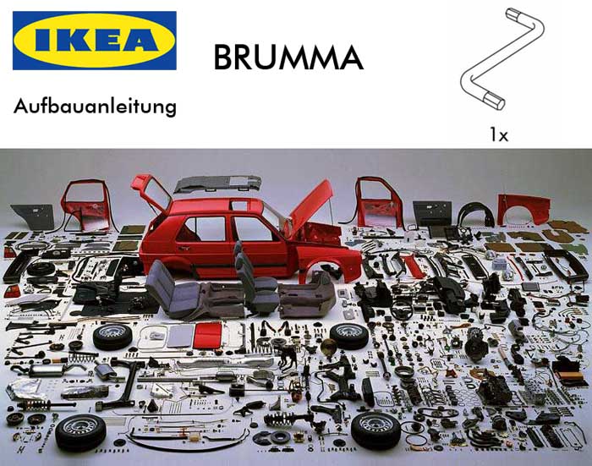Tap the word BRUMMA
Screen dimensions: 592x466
(x=288, y=58)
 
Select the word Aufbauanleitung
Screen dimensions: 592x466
(x=95, y=107)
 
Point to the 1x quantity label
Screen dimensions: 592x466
(x=499, y=134)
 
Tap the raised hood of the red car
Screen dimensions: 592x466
(x=310, y=206)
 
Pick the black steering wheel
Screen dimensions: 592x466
(x=401, y=310)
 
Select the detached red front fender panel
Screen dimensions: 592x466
(x=523, y=210)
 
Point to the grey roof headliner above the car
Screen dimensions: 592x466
(x=218, y=184)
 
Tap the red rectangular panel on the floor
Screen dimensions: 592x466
(x=207, y=336)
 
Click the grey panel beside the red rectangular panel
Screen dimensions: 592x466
(x=181, y=336)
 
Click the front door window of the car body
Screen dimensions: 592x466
(x=252, y=229)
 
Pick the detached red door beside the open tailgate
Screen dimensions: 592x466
(x=87, y=206)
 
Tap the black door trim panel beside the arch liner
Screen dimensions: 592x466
(x=433, y=212)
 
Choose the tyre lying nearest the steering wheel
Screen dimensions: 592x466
(x=349, y=336)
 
